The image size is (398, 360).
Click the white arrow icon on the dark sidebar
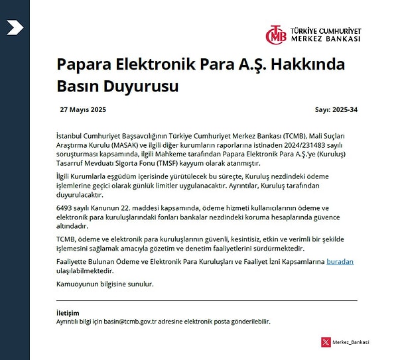(15, 27)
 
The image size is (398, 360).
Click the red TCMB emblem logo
(277, 34)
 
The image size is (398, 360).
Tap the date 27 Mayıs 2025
(83, 109)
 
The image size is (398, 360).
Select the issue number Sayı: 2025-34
(336, 109)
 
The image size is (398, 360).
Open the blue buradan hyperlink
(340, 262)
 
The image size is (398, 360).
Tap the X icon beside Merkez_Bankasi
(325, 342)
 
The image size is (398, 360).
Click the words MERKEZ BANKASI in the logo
(326, 39)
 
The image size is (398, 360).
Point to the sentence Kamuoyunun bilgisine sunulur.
(105, 284)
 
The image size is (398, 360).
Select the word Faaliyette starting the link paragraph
(74, 262)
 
